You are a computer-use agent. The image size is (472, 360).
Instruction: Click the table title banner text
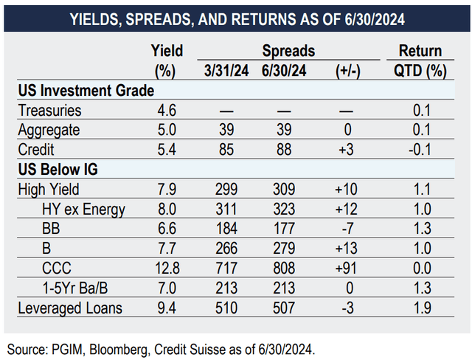click(x=235, y=16)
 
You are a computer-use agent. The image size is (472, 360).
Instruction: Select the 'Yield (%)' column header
click(x=167, y=60)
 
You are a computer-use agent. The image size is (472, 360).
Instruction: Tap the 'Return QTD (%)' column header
click(x=419, y=60)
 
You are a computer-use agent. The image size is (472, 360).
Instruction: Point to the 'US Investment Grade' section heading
click(x=86, y=91)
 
